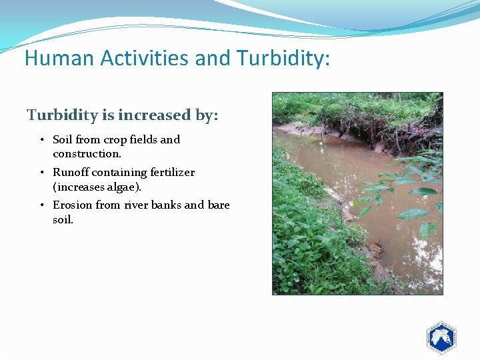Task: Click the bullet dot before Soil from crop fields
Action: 42,140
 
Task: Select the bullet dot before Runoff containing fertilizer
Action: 42,173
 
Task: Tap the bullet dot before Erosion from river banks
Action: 42,205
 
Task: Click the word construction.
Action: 87,154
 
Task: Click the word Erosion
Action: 72,205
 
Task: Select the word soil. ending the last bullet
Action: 63,219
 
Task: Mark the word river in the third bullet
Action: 136,205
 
